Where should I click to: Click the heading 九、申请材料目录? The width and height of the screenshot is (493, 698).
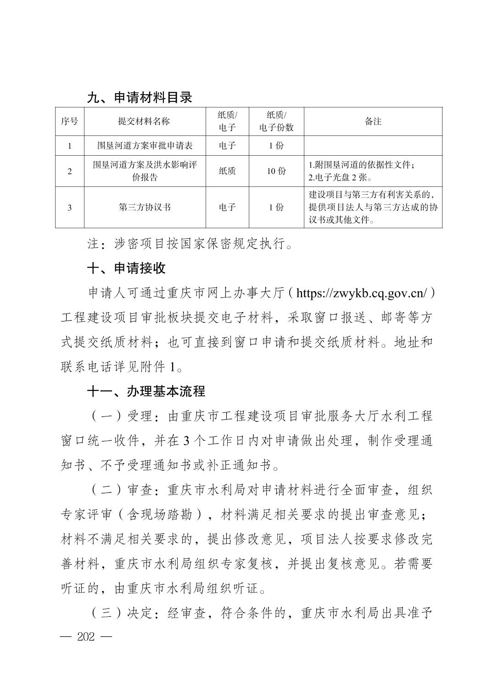140,97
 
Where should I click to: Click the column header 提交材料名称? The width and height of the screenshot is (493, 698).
144,121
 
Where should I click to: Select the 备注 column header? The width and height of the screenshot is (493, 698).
373,121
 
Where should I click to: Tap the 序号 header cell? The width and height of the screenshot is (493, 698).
69,121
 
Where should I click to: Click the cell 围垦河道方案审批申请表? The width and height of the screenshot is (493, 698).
144,146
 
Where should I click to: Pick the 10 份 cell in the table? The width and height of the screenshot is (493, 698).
276,171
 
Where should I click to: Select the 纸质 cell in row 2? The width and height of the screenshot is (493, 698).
227,171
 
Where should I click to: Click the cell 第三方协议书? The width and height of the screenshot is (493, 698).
144,207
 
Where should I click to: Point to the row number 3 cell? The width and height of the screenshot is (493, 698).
69,207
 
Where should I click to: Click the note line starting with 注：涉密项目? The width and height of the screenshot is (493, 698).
190,243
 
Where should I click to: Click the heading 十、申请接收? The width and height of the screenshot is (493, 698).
126,268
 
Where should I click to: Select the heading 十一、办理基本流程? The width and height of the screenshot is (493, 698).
146,391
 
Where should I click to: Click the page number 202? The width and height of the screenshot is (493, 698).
86,637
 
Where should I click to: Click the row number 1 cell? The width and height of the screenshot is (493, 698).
69,146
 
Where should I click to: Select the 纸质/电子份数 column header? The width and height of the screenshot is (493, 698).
276,121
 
